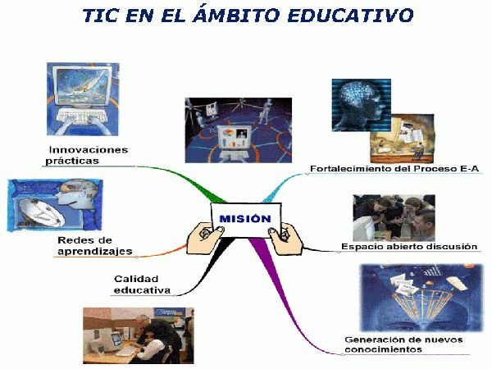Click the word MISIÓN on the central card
(x=245, y=219)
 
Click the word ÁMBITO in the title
(x=236, y=15)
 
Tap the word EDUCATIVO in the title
(x=350, y=15)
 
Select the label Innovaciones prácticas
(x=87, y=155)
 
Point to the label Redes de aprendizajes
(x=95, y=246)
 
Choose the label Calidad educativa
(x=142, y=285)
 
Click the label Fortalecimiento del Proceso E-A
(x=394, y=168)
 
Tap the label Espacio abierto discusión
(x=409, y=246)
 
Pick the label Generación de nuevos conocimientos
(x=403, y=344)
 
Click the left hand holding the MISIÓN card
(x=204, y=238)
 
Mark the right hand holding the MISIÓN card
(x=286, y=238)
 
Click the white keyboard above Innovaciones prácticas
(x=82, y=115)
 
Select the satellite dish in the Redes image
(x=41, y=212)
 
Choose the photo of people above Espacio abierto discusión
(x=394, y=218)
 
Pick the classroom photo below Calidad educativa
(x=139, y=335)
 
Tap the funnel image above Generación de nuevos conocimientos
(x=421, y=298)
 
